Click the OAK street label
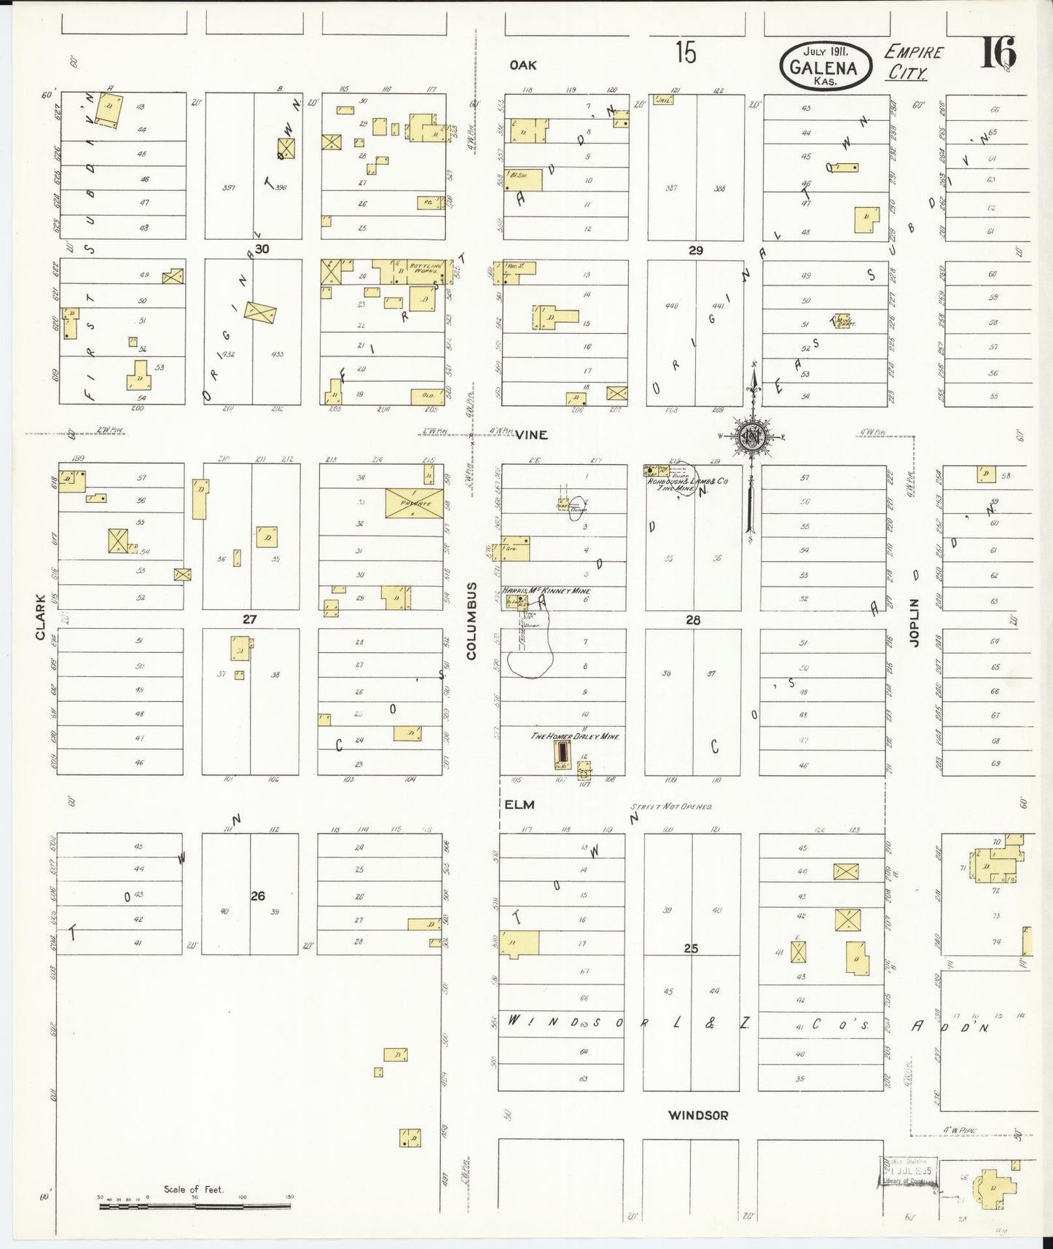[522, 66]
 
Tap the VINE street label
[531, 435]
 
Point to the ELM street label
[520, 804]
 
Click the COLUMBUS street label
[471, 621]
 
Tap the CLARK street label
[40, 618]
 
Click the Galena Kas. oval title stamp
[826, 66]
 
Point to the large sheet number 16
[998, 52]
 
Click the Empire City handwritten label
[912, 63]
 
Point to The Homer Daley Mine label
[574, 737]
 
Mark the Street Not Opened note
[671, 807]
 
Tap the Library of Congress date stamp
[908, 1175]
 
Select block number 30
[262, 248]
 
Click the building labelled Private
[415, 503]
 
